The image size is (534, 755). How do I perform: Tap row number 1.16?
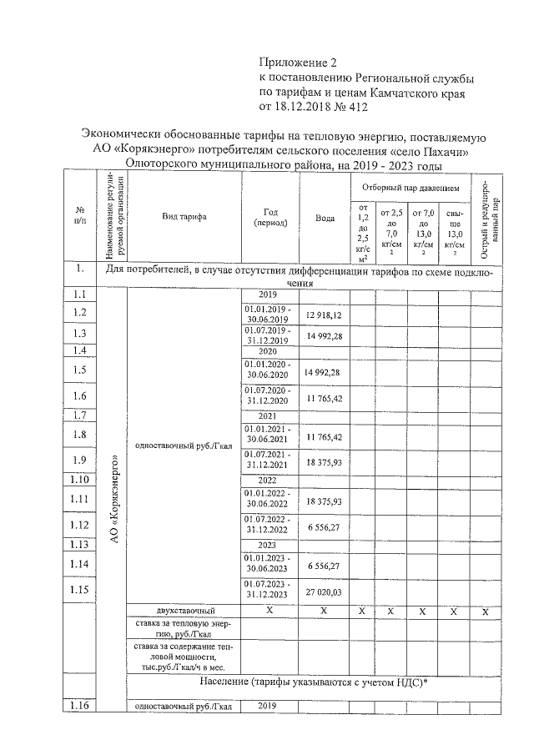[80, 707]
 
